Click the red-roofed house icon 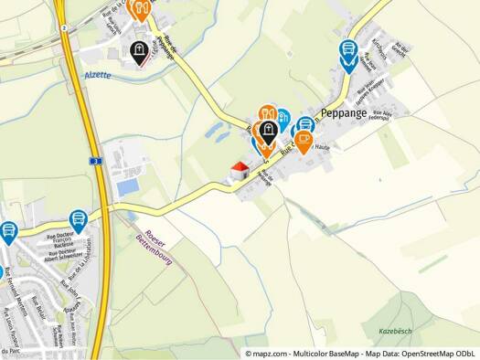point(240,170)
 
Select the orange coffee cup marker point(304,140)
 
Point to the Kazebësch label point(397,328)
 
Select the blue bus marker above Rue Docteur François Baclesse point(79,219)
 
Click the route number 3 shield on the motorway point(94,160)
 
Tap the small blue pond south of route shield point(128,186)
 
